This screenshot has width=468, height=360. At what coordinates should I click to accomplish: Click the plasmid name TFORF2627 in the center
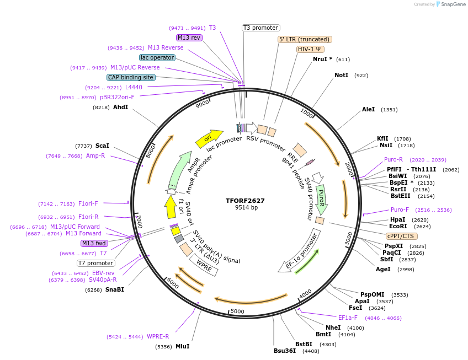[x=246, y=201]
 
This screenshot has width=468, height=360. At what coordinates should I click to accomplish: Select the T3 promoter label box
[x=261, y=28]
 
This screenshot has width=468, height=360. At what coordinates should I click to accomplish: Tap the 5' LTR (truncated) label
[x=304, y=40]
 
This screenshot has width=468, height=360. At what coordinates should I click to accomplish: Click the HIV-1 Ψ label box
[x=310, y=49]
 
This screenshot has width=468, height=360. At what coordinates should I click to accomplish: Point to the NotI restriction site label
[x=341, y=75]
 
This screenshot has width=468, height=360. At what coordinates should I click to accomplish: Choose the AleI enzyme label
[x=368, y=110]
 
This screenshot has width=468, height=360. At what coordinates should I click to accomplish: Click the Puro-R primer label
[x=393, y=159]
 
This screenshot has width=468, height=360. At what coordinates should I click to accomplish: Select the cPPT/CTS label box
[x=401, y=236]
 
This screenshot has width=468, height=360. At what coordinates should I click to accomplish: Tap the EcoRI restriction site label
[x=398, y=226]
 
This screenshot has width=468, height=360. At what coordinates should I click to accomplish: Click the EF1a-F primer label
[x=348, y=318]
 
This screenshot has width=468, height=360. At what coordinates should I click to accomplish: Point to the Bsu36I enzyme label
[x=285, y=351]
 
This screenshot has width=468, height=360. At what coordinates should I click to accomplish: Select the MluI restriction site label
[x=182, y=347]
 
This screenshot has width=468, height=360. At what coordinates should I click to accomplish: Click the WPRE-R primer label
[x=158, y=336]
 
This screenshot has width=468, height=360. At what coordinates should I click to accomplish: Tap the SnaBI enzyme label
[x=115, y=289]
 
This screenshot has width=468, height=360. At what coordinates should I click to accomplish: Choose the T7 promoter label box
[x=95, y=263]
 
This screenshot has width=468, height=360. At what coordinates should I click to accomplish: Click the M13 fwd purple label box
[x=94, y=243]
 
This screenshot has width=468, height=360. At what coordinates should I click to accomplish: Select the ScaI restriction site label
[x=102, y=146]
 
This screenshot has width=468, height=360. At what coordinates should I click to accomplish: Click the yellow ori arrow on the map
[x=208, y=138]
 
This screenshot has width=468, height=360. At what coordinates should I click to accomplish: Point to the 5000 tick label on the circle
[x=237, y=311]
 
